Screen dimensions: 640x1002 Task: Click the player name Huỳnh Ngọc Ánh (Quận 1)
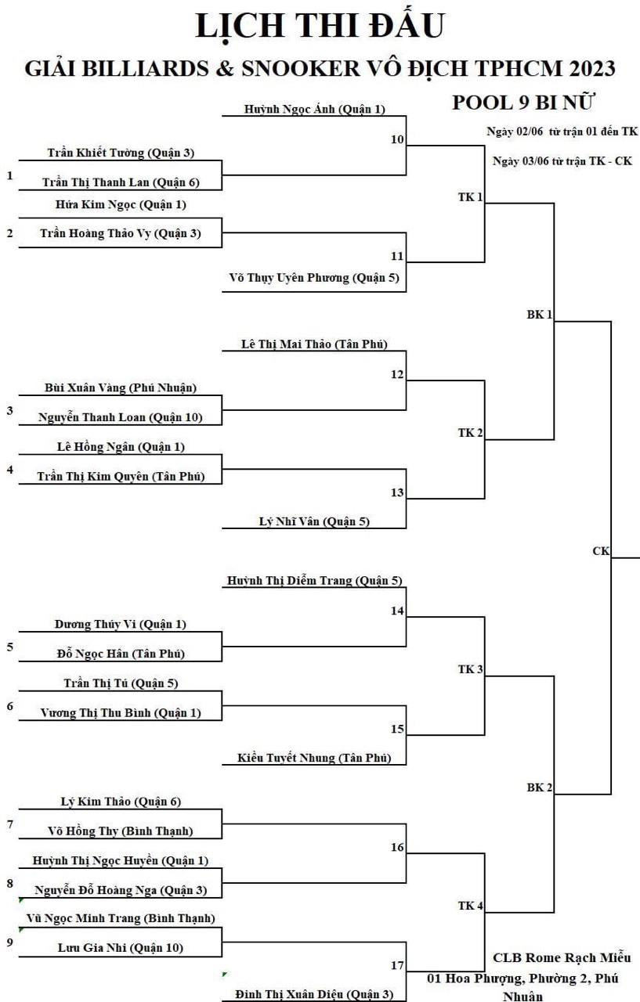point(315,109)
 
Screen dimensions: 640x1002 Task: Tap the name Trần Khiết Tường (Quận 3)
point(121,153)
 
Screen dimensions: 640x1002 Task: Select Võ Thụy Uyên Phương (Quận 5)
point(314,278)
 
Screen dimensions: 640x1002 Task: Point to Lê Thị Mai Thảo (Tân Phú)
point(314,344)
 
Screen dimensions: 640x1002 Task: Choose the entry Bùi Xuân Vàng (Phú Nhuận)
point(121,387)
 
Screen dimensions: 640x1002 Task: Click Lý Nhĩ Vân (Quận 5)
point(314,521)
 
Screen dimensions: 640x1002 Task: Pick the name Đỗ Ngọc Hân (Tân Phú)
point(121,654)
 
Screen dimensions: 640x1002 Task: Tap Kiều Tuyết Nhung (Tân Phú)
point(314,758)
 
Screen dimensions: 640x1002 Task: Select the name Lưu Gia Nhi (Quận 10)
point(121,948)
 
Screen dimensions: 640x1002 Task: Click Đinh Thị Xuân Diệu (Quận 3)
point(314,994)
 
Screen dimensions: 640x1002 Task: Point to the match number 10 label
point(397,139)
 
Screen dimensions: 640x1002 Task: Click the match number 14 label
point(397,611)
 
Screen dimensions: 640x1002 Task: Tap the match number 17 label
point(397,965)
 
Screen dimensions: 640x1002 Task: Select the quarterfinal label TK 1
point(470,197)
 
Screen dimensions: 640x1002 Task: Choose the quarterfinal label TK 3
point(470,669)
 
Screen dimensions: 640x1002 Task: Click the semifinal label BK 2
point(540,788)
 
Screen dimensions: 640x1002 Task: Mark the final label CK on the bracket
point(601,551)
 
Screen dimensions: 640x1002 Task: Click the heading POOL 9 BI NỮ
point(522,103)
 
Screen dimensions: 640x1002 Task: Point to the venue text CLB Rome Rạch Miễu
point(562,957)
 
